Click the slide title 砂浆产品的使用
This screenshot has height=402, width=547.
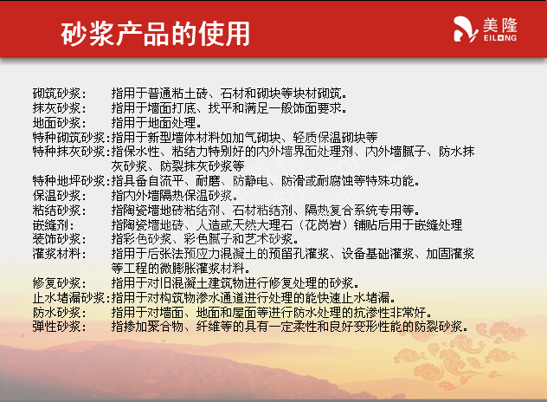[x=155, y=34]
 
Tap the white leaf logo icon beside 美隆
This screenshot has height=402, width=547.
[x=466, y=29]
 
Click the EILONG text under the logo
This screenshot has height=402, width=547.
[x=500, y=38]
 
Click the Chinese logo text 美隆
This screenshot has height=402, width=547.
[x=500, y=24]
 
